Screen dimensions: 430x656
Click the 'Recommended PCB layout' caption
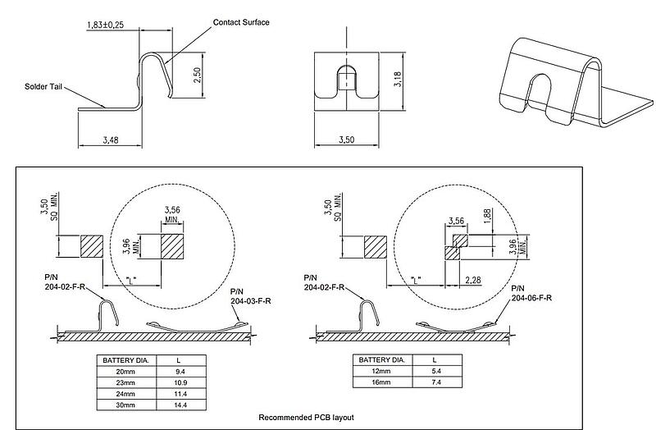pos(307,418)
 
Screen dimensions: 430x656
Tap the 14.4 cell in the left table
pos(180,405)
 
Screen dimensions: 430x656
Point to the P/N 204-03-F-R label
pos(250,296)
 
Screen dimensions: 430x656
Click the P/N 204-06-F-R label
pos(530,294)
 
